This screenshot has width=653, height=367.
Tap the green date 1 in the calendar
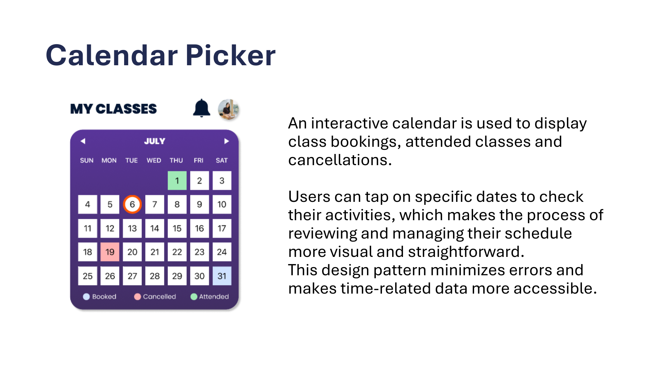(177, 180)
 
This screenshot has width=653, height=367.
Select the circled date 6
(132, 204)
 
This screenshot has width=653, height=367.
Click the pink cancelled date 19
(110, 252)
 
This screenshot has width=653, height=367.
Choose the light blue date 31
(222, 276)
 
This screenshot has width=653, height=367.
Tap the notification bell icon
(202, 108)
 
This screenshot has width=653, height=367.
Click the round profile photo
(229, 109)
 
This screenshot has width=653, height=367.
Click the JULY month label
(155, 141)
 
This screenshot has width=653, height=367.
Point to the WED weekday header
(154, 160)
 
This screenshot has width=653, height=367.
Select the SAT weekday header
(221, 160)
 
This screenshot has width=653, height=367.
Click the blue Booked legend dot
(86, 297)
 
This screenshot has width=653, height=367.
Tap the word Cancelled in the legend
(160, 297)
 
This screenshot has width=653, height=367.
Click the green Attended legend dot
(194, 297)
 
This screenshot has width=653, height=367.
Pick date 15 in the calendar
(177, 228)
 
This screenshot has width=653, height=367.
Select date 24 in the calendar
(222, 252)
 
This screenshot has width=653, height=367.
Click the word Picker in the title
(231, 55)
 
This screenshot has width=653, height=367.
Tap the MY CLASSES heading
(114, 109)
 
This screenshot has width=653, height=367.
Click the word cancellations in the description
(340, 160)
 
